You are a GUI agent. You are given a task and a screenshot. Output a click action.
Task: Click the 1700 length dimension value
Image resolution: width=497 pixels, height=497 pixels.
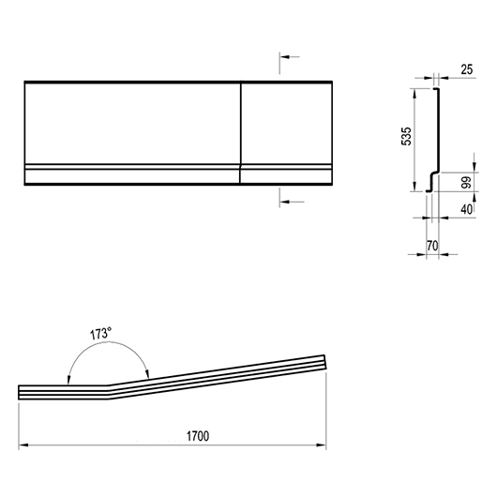point(198,436)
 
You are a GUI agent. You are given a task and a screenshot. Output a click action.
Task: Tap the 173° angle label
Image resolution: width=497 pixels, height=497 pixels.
point(100,334)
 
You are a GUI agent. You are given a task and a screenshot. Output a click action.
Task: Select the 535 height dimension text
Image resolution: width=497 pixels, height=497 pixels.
point(406,136)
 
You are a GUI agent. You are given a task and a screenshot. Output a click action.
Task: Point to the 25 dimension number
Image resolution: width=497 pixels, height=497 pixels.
point(467,69)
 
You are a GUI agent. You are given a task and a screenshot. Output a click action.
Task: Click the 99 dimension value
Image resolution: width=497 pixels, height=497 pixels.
point(467,182)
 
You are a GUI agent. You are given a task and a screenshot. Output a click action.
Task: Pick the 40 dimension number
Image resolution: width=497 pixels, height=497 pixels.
point(467,209)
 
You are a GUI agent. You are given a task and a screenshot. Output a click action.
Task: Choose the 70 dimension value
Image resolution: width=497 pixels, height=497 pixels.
point(432,246)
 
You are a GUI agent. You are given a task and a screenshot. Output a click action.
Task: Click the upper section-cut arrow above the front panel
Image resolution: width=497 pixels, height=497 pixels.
point(290,57)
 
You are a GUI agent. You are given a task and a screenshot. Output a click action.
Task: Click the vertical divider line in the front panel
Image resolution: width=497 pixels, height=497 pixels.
point(240,133)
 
